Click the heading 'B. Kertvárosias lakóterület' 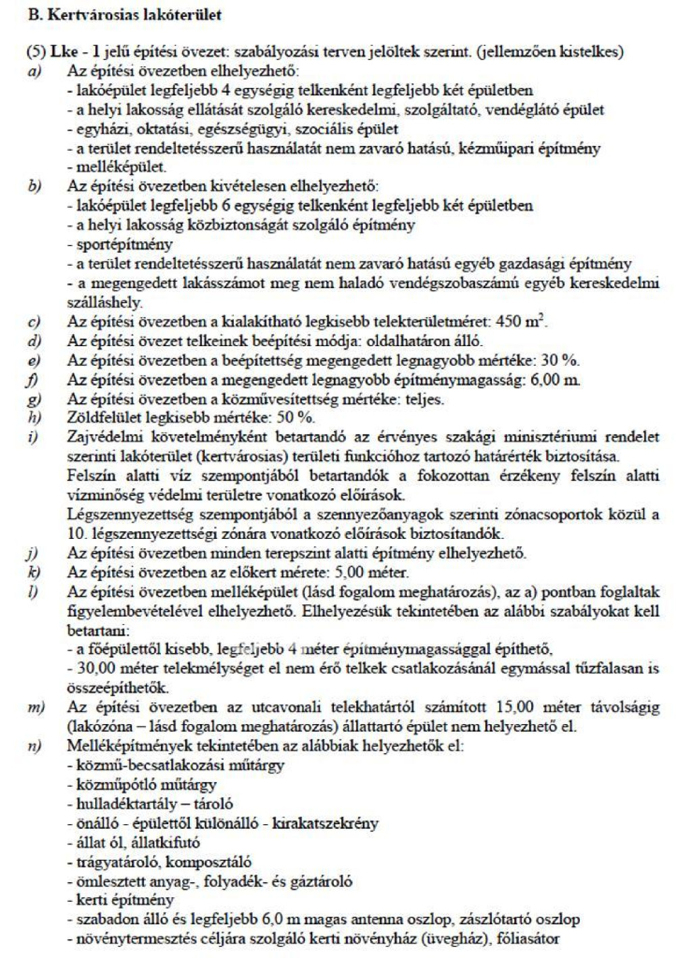tap(125, 15)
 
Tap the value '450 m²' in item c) tap(521, 322)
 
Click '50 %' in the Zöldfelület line tap(295, 418)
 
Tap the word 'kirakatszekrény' tap(325, 823)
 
